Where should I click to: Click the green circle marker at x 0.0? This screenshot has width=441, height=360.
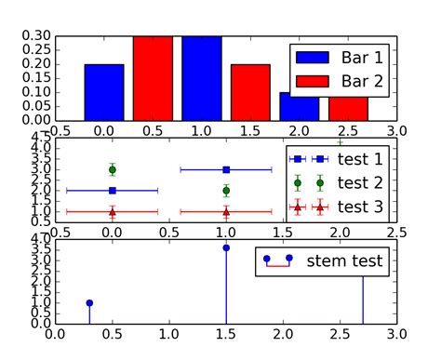(112, 169)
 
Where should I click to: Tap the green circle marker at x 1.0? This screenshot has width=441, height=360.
(226, 191)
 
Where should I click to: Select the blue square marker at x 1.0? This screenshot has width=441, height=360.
(226, 169)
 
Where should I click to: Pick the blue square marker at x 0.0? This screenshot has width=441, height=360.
(112, 191)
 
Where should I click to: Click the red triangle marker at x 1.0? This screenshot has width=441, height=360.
(226, 212)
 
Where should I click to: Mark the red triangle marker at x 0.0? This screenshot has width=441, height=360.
(112, 212)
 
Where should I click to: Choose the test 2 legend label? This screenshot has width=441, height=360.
(358, 182)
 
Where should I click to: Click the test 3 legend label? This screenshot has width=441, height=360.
(358, 206)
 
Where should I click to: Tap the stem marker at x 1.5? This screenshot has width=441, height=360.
(226, 248)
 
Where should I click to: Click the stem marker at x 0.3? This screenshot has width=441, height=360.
(89, 303)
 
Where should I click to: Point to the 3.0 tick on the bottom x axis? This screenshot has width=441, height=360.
(397, 333)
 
